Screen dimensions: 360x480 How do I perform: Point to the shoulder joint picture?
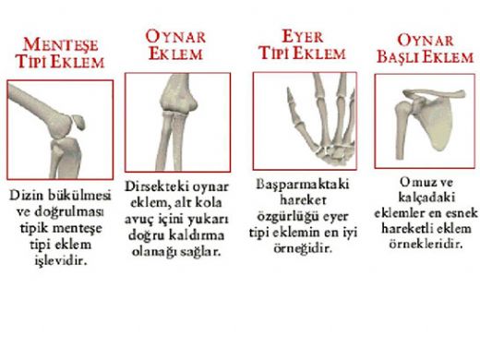[x=423, y=120]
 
